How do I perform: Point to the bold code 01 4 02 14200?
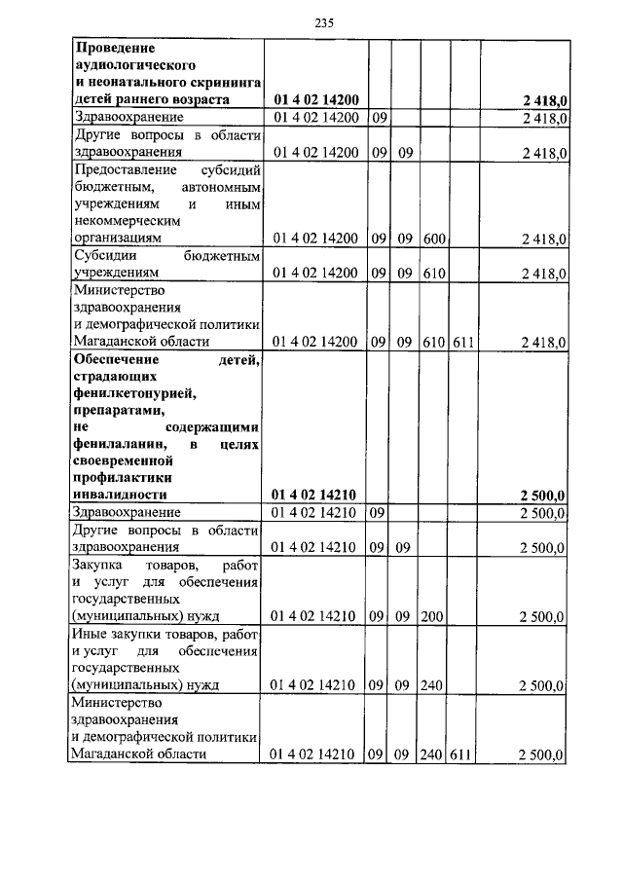(x=315, y=99)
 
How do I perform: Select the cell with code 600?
(x=434, y=239)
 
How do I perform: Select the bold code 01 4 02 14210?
(x=315, y=496)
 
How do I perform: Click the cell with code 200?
(x=434, y=616)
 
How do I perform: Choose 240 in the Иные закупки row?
(x=434, y=685)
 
